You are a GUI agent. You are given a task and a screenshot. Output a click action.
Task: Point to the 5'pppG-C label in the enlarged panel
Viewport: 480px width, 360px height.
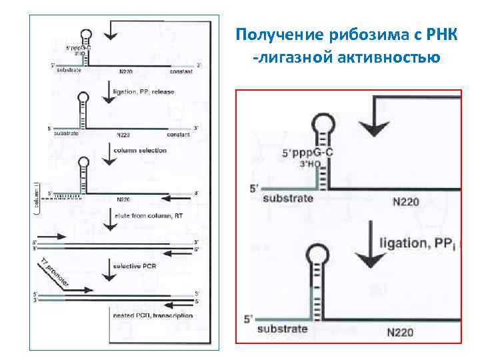tap(307, 153)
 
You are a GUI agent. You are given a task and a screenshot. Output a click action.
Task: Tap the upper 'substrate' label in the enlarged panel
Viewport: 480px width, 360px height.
tap(288, 199)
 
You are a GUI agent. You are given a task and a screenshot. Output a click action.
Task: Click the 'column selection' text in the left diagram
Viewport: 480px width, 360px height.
tap(140, 151)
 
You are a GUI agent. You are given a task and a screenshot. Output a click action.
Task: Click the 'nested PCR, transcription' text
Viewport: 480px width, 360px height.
tap(151, 315)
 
